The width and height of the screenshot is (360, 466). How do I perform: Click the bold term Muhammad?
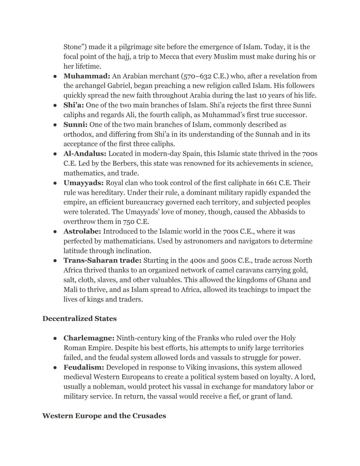(87, 76)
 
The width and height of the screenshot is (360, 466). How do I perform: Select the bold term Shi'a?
(74, 105)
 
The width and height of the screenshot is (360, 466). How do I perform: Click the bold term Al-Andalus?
(85, 154)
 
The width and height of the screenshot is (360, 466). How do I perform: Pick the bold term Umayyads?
(83, 183)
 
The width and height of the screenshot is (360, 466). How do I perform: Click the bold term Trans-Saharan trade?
(102, 260)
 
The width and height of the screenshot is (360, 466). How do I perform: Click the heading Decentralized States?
(79, 319)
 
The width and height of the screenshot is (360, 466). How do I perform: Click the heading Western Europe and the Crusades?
(104, 416)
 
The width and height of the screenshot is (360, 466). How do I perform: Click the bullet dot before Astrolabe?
(55, 231)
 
